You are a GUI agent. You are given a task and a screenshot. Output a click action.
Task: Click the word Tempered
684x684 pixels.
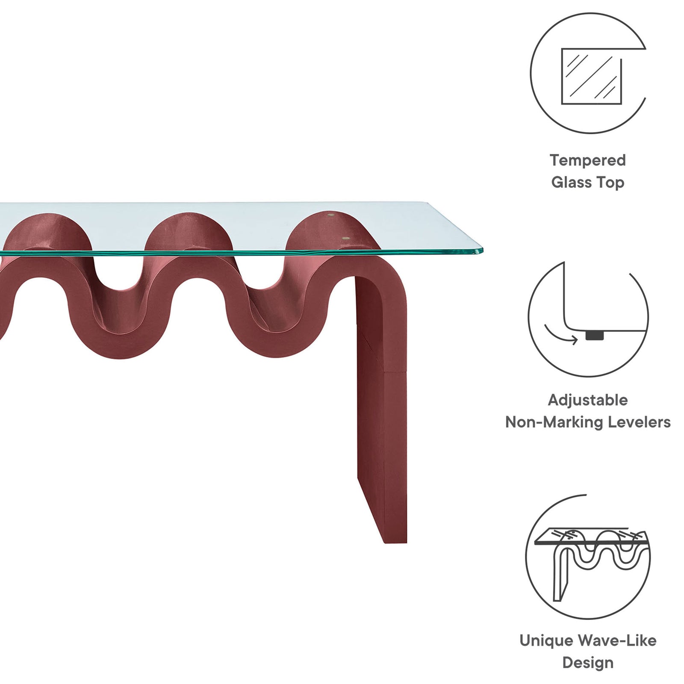tap(588, 160)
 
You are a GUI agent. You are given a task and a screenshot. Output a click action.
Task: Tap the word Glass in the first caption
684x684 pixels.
tap(571, 183)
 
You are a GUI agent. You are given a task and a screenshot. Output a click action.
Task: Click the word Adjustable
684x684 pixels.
tap(588, 400)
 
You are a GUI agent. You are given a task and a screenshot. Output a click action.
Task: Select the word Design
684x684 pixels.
tap(588, 663)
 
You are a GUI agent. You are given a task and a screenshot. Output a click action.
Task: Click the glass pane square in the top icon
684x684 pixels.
tap(591, 76)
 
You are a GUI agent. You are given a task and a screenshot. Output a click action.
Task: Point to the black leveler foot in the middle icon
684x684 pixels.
tap(595, 336)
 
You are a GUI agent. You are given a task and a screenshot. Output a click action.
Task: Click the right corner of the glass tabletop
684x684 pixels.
tap(482, 249)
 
